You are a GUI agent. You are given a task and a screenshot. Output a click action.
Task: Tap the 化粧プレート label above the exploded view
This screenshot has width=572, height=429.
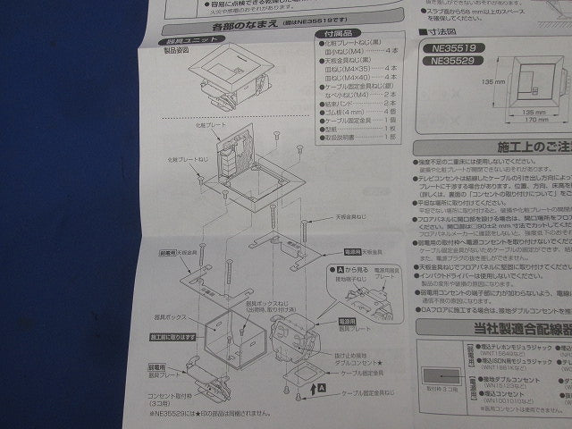click(x=206, y=125)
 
